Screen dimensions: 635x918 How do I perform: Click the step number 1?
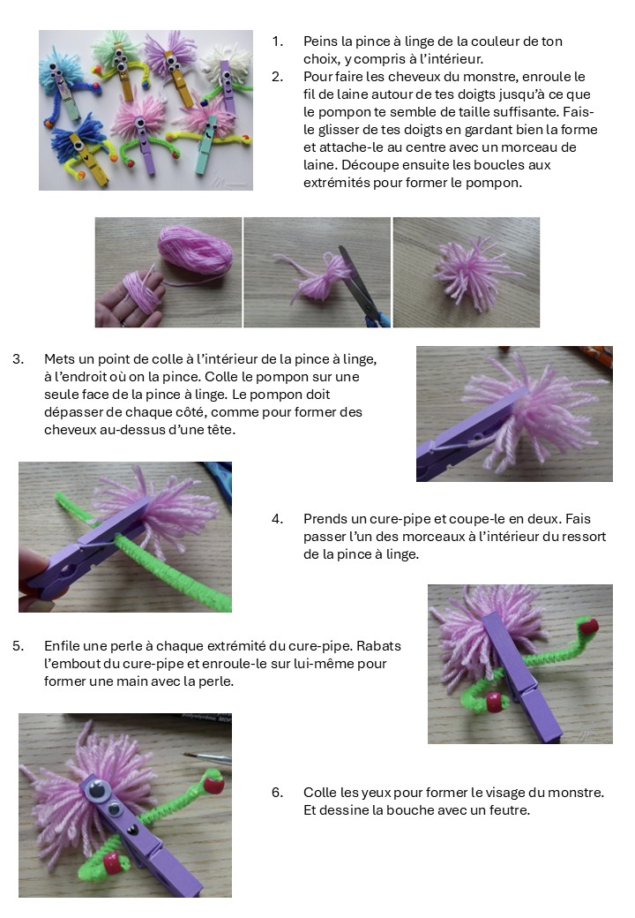277,41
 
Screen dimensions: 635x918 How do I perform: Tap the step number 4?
277,519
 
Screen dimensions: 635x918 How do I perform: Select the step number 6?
277,793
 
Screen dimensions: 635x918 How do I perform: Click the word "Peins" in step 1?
320,41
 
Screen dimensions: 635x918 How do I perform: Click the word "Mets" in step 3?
58,359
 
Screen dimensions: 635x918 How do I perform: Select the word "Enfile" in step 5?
62,646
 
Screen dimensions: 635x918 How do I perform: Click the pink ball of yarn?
195,250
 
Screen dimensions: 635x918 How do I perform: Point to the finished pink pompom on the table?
475,274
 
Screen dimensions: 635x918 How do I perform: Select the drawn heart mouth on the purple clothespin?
133,830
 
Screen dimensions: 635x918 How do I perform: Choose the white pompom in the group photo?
225,60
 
